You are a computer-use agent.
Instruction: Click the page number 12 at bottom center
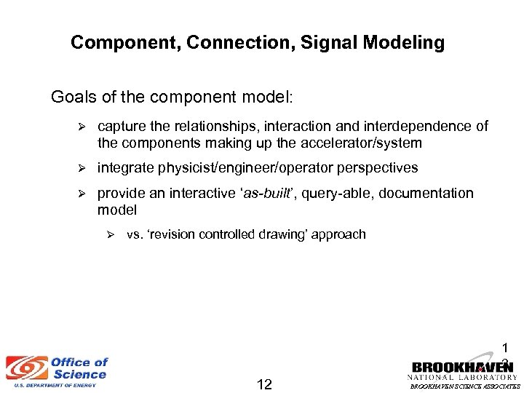tap(264, 384)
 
